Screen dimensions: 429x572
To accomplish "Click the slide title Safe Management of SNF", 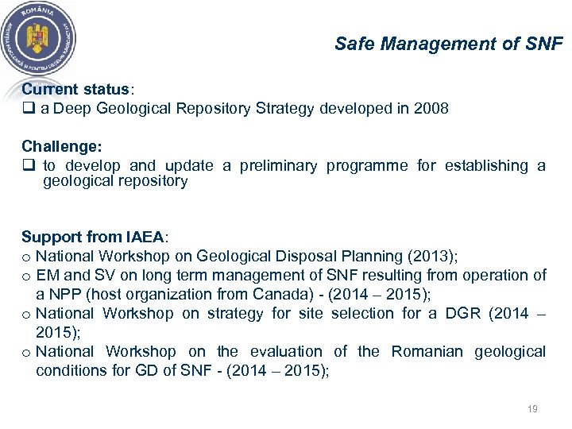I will [x=448, y=44].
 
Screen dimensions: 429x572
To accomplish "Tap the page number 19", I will [x=532, y=409].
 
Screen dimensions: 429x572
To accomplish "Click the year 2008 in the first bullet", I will [x=431, y=108].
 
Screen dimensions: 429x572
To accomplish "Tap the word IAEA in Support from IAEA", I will [x=145, y=237].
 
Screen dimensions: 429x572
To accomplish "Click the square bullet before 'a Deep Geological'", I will [x=27, y=109].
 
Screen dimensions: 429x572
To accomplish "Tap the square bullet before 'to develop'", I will [x=27, y=166].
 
